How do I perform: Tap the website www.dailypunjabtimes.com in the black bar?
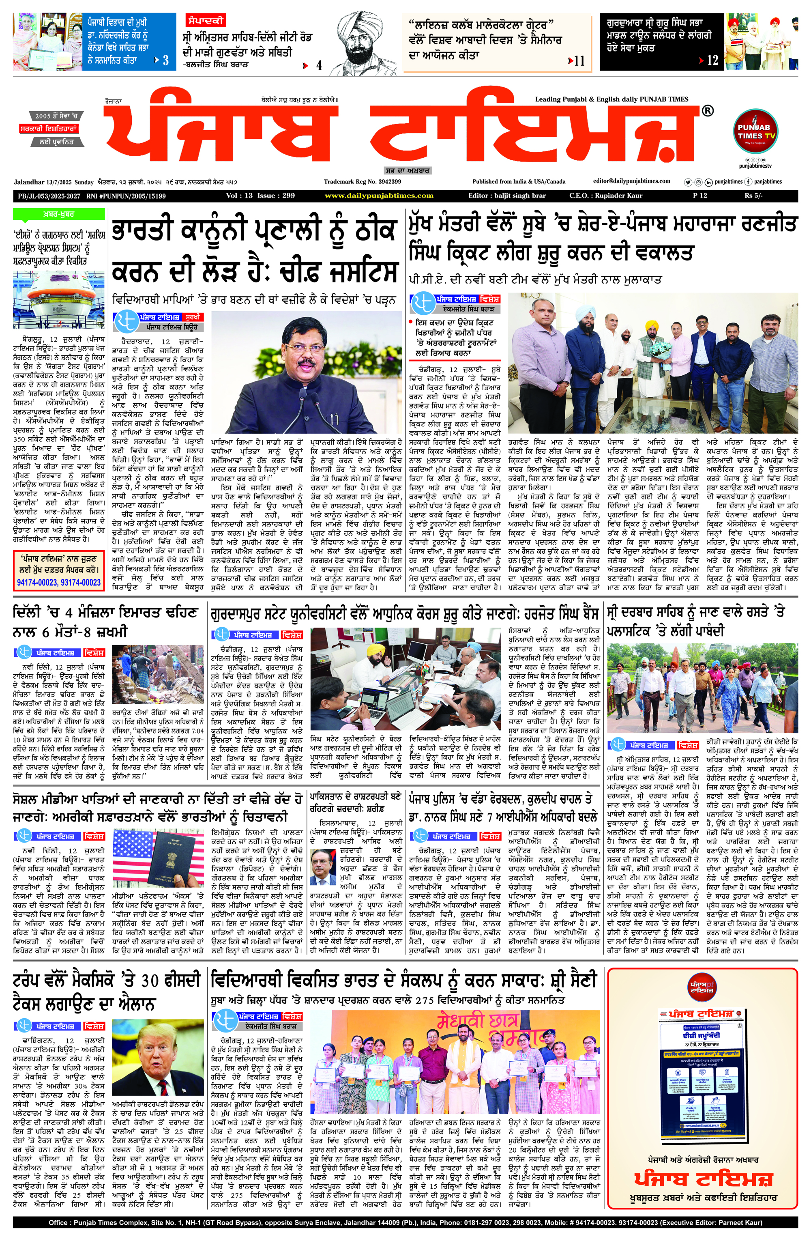pos(378,196)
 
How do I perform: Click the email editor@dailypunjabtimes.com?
pos(632,181)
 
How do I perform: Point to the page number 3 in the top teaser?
pos(166,60)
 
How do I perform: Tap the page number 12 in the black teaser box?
pos(712,60)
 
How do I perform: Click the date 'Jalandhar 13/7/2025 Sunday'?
pos(54,182)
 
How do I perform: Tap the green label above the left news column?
pos(58,214)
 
